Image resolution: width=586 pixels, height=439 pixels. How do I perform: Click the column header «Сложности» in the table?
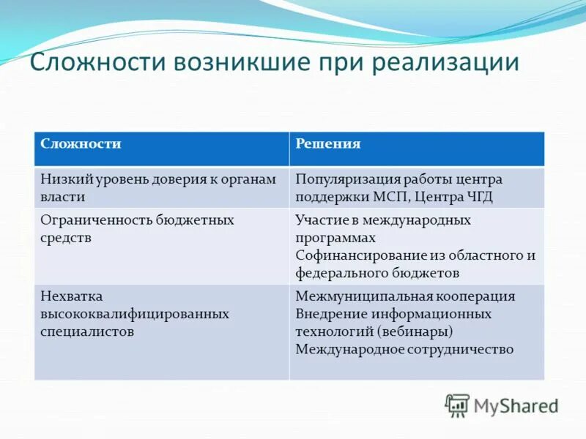(81, 144)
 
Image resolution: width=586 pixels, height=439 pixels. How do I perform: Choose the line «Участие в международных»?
(382, 220)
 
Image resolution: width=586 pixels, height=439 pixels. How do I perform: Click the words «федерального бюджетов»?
(377, 273)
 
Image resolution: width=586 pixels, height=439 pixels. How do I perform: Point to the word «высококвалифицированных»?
(135, 314)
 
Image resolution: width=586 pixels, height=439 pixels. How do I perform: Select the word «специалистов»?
(87, 331)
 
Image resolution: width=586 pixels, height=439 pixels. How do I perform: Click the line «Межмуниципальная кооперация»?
(405, 296)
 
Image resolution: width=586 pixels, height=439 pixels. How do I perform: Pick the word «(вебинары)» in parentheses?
(409, 331)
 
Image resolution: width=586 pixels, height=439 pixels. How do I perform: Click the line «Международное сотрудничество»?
(404, 349)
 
